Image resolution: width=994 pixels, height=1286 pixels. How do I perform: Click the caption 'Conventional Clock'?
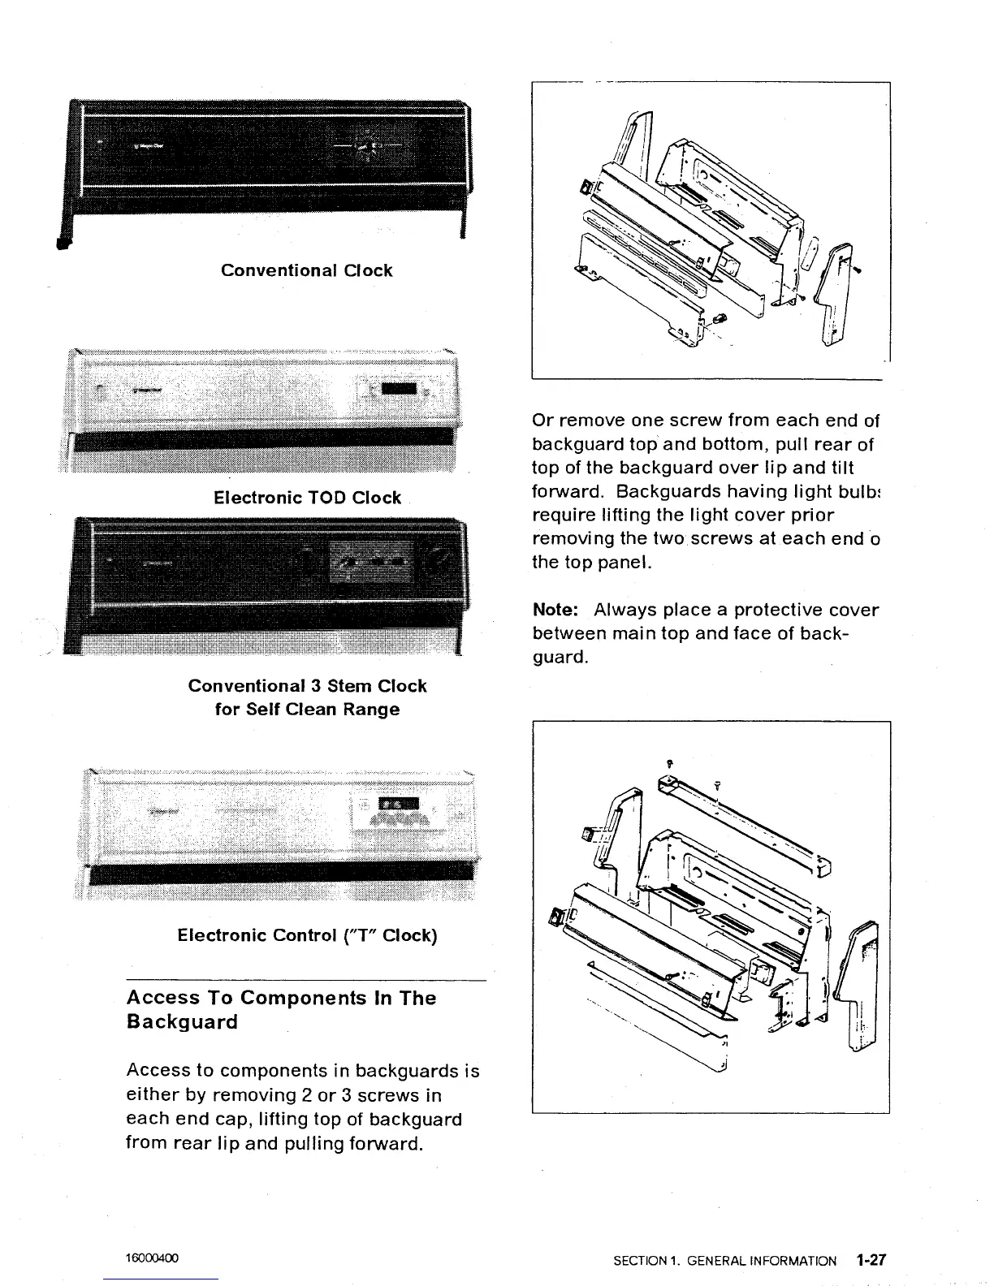(306, 270)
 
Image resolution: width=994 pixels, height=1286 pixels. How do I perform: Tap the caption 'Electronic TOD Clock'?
(307, 498)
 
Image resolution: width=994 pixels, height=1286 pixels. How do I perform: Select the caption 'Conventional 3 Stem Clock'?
(307, 686)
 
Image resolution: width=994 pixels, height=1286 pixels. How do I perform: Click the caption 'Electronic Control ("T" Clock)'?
(307, 935)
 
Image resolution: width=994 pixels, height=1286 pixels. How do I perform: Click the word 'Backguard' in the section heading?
(182, 1022)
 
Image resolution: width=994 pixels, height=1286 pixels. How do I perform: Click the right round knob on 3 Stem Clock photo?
(435, 561)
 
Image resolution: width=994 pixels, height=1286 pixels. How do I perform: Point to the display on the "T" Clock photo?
(399, 804)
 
